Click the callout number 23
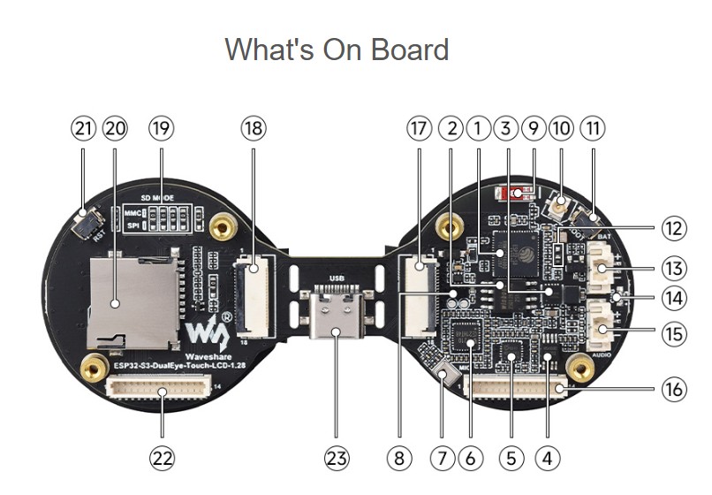[x=337, y=458]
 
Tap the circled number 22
[x=162, y=458]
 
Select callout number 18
[x=253, y=128]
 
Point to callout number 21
[x=83, y=128]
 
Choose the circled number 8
[x=400, y=458]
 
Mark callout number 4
[x=548, y=458]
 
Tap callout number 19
[x=161, y=128]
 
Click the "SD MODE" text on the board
[x=158, y=197]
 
